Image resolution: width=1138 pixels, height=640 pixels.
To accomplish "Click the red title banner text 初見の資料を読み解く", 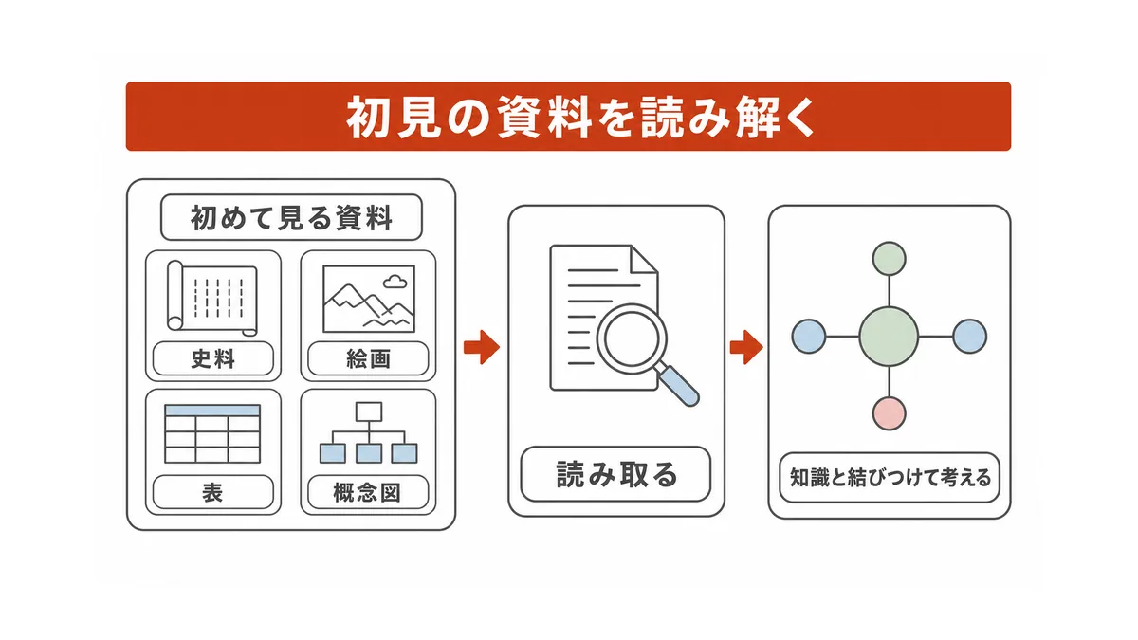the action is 580,117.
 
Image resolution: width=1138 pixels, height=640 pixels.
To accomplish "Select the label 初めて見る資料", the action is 291,218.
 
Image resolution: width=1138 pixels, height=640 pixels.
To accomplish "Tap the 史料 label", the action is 212,359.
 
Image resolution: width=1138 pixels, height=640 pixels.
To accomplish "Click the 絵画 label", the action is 368,359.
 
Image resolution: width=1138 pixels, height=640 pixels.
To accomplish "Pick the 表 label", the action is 212,492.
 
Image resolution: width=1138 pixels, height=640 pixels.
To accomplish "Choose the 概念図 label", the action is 367,492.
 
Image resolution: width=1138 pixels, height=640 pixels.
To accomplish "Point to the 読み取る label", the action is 616,474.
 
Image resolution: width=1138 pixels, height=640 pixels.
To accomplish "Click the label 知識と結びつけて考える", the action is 890,478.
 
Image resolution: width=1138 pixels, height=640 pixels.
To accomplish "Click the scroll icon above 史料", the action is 212,298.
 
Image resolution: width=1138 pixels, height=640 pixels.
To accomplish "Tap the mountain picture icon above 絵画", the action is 369,299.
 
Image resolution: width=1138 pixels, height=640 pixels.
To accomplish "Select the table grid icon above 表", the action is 212,433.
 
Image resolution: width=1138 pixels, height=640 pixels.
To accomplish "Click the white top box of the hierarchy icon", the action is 369,411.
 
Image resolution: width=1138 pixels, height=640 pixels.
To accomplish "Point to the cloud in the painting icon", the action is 395,281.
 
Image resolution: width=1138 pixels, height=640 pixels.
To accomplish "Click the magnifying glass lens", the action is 632,338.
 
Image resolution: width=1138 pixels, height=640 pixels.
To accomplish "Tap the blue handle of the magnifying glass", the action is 679,386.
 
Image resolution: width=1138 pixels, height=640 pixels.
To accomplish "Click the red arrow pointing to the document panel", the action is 482,347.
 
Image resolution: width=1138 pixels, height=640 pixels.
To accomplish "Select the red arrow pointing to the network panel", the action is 746,347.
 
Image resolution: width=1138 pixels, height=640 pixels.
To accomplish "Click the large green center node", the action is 890,337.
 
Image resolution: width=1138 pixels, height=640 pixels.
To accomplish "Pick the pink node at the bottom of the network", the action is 890,414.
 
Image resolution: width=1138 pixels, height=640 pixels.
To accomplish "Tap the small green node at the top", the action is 890,259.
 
